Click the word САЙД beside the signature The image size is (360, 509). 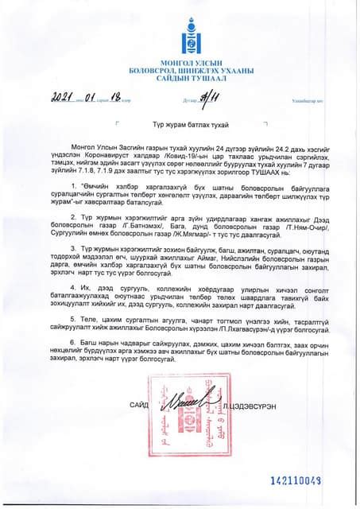[139, 405]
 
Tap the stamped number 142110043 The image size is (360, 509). [296, 480]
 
